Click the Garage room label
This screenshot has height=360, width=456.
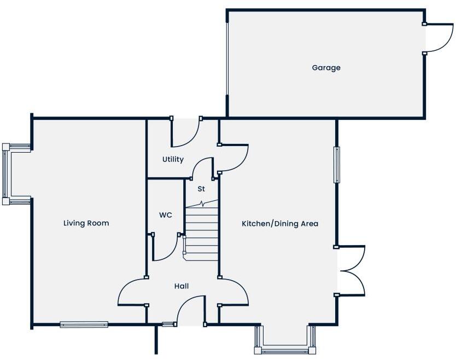pos(326,68)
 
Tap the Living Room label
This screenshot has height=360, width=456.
pos(86,223)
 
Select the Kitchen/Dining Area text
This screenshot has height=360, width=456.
pos(280,224)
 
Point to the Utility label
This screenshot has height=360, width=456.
pos(173,160)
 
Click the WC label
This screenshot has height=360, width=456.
pos(165,216)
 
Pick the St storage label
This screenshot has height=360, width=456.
pos(201,189)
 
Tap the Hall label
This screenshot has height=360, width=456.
pos(182,286)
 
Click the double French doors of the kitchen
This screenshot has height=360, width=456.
pos(351,271)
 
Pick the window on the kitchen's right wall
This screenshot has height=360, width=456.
pos(337,164)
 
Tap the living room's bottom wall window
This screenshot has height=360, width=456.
pos(84,324)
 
